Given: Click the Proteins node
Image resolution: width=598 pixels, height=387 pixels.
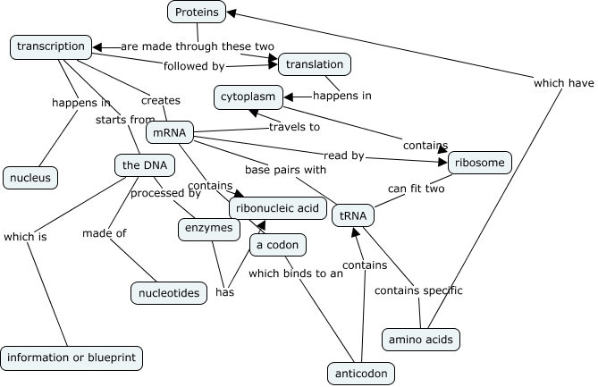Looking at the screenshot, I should [x=196, y=12].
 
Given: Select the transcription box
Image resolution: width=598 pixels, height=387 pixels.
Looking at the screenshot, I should [x=50, y=46].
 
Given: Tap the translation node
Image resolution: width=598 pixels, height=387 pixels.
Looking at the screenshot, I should [x=315, y=63].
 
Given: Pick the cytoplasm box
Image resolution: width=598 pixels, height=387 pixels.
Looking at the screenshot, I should [x=248, y=95].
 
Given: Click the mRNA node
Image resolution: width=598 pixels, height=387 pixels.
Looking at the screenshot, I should [x=169, y=133].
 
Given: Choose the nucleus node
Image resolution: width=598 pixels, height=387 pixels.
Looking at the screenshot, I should [x=30, y=177].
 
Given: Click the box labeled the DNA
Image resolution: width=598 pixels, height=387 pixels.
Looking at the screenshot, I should [x=143, y=165].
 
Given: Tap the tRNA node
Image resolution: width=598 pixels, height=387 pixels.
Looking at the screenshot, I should [x=352, y=215].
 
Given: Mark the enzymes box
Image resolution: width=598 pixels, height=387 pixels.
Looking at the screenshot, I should [x=208, y=229].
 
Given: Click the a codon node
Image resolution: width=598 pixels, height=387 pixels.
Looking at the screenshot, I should [x=278, y=245].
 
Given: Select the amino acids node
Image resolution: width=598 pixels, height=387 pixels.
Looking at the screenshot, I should [x=420, y=340].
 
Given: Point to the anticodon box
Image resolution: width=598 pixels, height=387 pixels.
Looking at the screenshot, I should [x=361, y=373].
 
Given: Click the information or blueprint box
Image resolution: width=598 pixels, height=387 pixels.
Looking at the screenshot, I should [x=72, y=358].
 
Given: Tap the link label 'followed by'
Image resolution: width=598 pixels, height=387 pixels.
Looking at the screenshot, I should [x=193, y=65].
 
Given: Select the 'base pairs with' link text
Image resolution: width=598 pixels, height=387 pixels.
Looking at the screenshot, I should [x=285, y=168].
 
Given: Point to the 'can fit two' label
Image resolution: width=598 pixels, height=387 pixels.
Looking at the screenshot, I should [x=417, y=189].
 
